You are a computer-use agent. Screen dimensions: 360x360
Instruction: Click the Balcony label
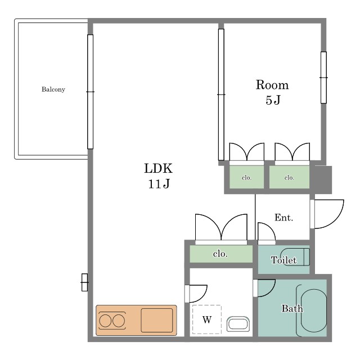(x=53, y=89)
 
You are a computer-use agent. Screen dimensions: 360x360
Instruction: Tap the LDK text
(x=158, y=168)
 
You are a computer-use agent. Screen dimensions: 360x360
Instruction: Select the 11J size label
(x=159, y=184)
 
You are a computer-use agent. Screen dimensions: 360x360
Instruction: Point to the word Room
(x=272, y=85)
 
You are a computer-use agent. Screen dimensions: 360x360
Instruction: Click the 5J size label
(x=273, y=100)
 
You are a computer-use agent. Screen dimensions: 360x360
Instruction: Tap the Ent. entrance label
(x=283, y=218)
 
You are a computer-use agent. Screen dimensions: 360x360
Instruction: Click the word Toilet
(x=283, y=260)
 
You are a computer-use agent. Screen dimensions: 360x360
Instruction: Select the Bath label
(x=292, y=308)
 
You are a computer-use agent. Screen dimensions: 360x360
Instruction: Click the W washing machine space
(x=207, y=319)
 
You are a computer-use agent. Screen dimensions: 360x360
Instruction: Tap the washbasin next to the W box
(x=238, y=324)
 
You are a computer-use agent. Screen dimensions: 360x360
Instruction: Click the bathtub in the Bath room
(x=314, y=310)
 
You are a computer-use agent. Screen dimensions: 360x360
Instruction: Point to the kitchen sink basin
(x=157, y=320)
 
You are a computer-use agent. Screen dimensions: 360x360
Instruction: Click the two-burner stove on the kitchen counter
(x=112, y=321)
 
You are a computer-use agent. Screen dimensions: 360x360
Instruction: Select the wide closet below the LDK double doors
(x=221, y=254)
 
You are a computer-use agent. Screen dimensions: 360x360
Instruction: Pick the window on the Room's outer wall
(x=323, y=78)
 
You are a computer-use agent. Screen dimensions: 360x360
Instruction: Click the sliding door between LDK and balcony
(x=90, y=92)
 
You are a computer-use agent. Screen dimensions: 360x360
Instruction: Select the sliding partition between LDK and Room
(x=221, y=94)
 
